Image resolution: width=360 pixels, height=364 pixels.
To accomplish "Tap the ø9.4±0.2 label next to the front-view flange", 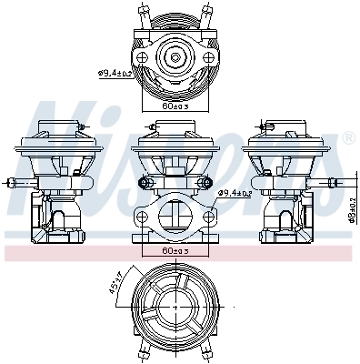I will (x=237, y=194).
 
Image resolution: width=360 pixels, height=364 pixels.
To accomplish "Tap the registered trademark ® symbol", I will (x=347, y=138).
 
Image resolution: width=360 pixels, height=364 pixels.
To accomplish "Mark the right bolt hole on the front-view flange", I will (x=207, y=217).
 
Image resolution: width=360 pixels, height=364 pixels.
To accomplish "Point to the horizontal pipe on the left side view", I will (x=20, y=185).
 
